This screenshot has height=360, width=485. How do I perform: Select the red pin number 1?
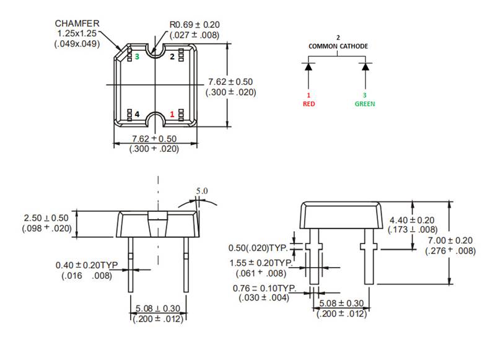[172, 115]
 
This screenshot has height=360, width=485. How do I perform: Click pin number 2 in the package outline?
[172, 56]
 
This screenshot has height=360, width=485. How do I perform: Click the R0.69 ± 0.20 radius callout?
[194, 25]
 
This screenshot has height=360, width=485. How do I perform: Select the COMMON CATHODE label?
[338, 46]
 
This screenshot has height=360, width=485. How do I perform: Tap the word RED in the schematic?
[308, 104]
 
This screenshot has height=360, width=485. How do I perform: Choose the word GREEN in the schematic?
[365, 104]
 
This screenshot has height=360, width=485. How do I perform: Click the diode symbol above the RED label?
[308, 66]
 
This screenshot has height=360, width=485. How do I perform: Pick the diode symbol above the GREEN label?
[365, 66]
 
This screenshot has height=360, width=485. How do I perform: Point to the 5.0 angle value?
[202, 191]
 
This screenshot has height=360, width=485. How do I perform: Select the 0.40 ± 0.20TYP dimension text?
[87, 265]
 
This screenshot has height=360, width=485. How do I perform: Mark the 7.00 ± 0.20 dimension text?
[450, 240]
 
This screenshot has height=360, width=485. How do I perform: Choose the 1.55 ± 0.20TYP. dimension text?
[263, 262]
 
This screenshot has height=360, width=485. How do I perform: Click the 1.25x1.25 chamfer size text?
[77, 33]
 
